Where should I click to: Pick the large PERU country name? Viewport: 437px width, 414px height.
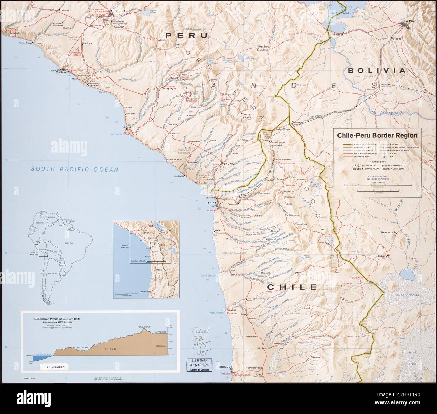coord(187,35)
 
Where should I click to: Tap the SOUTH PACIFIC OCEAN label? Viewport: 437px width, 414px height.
coord(75,170)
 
